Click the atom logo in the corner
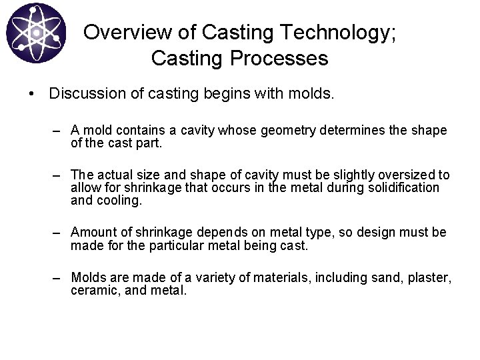pyautogui.click(x=36, y=34)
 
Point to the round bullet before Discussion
pyautogui.click(x=32, y=95)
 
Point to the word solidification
pyautogui.click(x=403, y=188)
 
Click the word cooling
pyautogui.click(x=118, y=200)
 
